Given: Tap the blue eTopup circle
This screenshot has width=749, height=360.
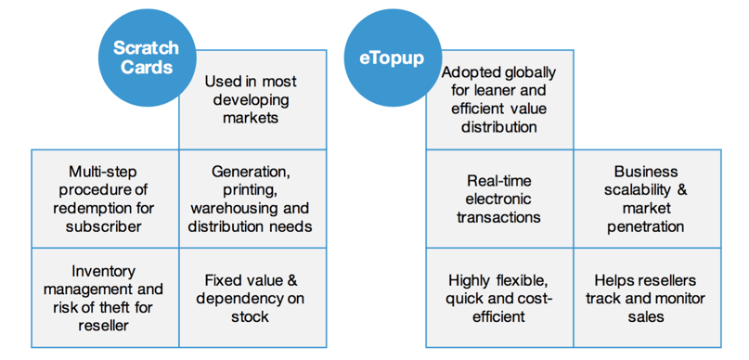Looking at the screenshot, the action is tap(392, 58).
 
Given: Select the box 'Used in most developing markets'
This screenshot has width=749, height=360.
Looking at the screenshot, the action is tap(252, 100).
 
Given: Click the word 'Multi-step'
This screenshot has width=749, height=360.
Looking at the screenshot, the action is tap(104, 172).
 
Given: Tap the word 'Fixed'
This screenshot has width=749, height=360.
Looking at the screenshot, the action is tap(223, 280).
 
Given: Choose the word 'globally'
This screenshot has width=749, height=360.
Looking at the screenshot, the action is tap(528, 72).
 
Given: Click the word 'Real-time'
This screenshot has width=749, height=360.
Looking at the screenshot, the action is tap(499, 181).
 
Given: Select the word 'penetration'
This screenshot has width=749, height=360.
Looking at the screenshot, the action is tap(645, 225).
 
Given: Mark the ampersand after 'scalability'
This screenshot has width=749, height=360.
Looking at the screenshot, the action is tap(681, 189).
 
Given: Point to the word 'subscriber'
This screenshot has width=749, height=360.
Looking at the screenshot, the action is tap(104, 225).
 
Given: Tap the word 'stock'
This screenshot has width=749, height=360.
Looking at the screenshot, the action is tap(251, 316).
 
